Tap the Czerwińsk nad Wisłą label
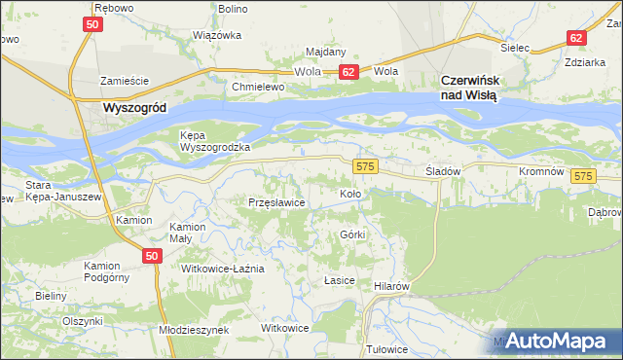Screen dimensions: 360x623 469,89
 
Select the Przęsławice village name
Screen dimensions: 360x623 277,202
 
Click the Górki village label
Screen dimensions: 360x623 352,235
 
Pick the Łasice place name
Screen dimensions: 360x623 338,279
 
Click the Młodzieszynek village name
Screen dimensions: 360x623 193,330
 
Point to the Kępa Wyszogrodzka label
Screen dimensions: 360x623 215,141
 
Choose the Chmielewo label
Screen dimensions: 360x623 257,86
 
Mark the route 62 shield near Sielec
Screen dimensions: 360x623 576,38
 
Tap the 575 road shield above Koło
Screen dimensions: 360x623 365,167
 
